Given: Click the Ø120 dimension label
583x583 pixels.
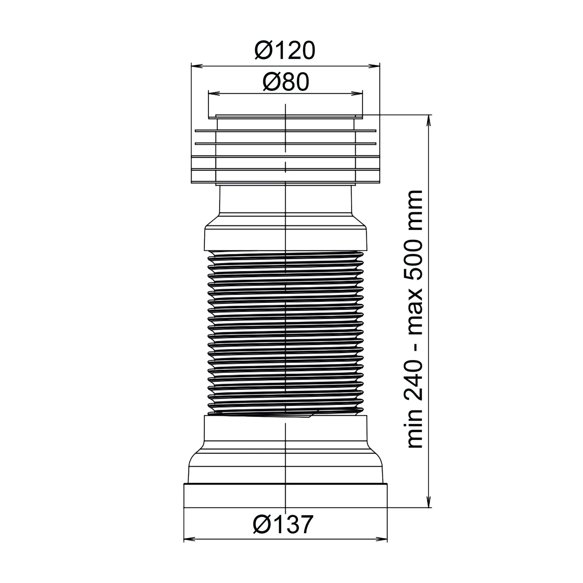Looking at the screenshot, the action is coord(285,50).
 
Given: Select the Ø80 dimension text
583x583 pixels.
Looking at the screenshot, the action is coord(286,82).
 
